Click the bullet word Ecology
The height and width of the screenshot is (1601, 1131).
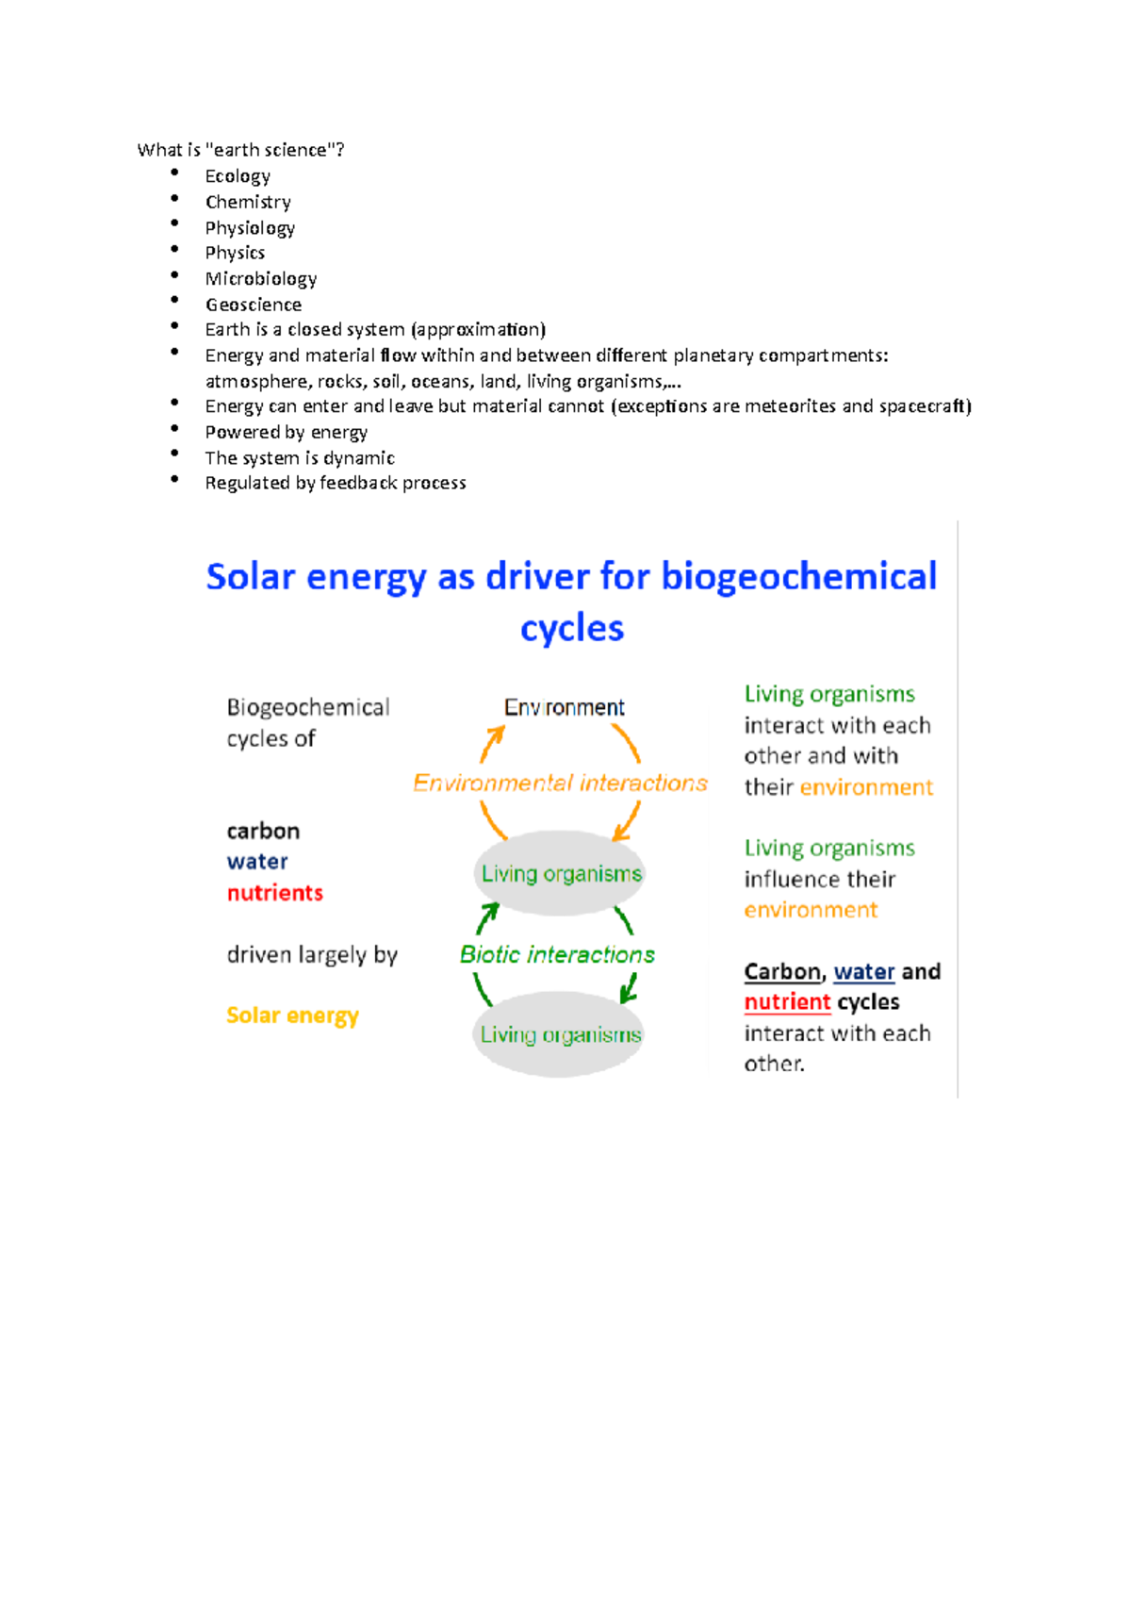point(238,176)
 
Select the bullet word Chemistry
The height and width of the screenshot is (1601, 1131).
point(248,202)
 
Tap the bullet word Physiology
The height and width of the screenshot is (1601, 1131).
point(250,227)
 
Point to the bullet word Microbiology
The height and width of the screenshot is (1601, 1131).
point(261,278)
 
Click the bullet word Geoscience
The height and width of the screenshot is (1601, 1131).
point(254,305)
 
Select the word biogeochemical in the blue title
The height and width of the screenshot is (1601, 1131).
point(798,576)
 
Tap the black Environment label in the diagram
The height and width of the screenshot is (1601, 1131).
point(564,707)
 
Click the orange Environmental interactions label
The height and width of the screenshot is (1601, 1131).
point(560,783)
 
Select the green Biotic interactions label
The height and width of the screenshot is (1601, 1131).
point(557,954)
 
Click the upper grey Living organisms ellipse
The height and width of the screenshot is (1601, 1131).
point(561,873)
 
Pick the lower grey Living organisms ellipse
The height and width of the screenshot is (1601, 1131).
point(560,1034)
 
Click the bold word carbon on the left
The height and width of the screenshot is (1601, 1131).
point(263,831)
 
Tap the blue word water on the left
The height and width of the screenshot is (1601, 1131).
point(257,862)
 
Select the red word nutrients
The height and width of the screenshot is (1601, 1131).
point(274,893)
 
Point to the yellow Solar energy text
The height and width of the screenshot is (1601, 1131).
point(292,1015)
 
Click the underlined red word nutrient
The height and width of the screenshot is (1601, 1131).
point(787,1001)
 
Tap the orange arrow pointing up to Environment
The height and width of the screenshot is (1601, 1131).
point(491,743)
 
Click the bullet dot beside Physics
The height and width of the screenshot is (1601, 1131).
point(174,249)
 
